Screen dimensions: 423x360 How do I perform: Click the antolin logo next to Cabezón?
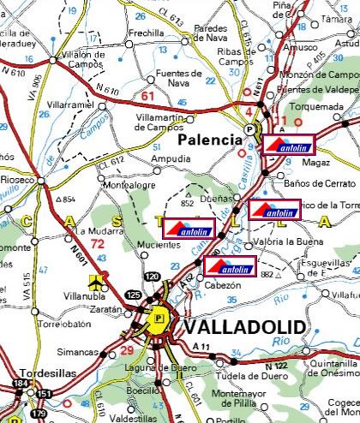click(x=231, y=266)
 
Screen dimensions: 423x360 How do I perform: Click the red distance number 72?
click(x=98, y=244)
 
